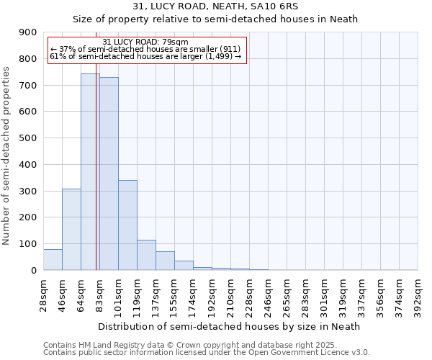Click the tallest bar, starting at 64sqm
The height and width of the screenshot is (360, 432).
tap(90, 173)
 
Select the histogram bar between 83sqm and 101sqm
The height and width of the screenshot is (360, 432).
tap(109, 174)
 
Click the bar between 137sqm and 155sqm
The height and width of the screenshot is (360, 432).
tap(165, 261)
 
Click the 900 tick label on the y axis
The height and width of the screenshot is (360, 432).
tap(28, 32)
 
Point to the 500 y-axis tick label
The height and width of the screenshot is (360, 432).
tap(28, 138)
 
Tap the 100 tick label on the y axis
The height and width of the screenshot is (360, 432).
tap(28, 244)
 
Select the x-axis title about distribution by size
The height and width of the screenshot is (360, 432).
tap(228, 326)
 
